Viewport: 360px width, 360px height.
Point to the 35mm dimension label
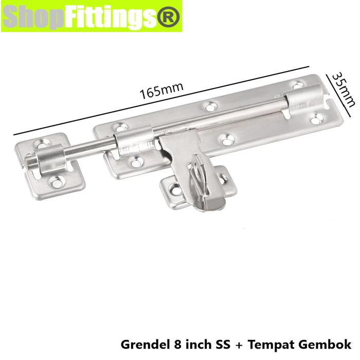(343, 89)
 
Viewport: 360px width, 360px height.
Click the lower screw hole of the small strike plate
(57, 181)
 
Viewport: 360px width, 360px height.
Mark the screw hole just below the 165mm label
(210, 107)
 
